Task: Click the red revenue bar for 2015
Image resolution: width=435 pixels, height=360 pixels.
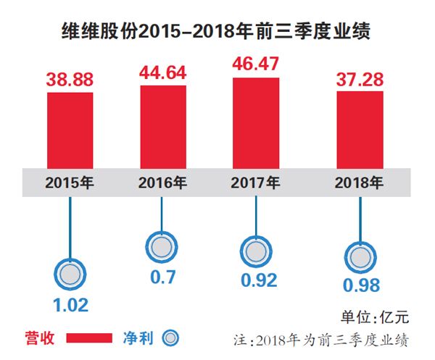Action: [x=70, y=129]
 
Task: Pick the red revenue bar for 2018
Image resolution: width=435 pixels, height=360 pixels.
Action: [x=360, y=130]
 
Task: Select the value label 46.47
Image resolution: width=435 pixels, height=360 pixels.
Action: [x=256, y=67]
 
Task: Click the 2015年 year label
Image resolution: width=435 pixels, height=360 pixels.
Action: [x=70, y=182]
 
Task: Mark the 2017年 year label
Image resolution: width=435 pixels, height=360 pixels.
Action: [x=256, y=182]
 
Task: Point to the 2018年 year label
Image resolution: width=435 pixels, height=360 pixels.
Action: [x=360, y=182]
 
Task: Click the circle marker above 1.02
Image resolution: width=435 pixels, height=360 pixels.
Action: [x=70, y=274]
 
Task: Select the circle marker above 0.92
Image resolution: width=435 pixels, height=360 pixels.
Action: [x=256, y=251]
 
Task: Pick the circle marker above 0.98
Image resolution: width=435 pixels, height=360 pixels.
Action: [x=360, y=256]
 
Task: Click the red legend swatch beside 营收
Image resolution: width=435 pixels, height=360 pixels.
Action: [x=88, y=338]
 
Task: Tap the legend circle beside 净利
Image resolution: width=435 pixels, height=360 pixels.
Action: [x=171, y=338]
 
